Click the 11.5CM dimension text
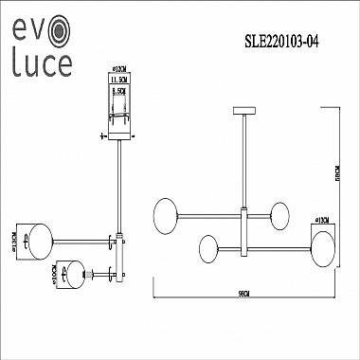pyautogui.click(x=119, y=81)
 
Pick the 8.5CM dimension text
pyautogui.click(x=119, y=93)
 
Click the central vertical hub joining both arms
pyautogui.click(x=244, y=232)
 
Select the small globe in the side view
pyautogui.click(x=69, y=277)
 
